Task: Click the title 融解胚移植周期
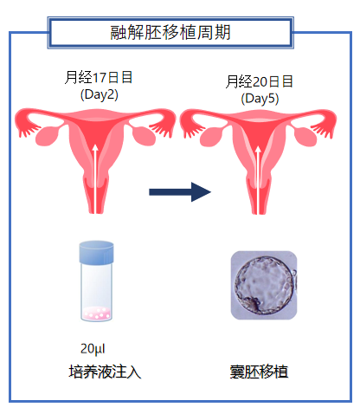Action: pyautogui.click(x=170, y=32)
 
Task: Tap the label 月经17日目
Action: pyautogui.click(x=99, y=77)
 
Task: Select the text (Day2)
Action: pyautogui.click(x=100, y=94)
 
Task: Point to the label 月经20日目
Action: pyautogui.click(x=259, y=81)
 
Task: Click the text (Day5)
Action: pyautogui.click(x=260, y=99)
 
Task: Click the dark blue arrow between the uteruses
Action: pyautogui.click(x=180, y=192)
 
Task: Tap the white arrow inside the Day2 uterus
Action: pyautogui.click(x=95, y=179)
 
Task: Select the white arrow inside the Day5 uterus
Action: pyautogui.click(x=258, y=180)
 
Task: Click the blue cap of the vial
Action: pyautogui.click(x=96, y=253)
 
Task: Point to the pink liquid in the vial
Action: pyautogui.click(x=96, y=313)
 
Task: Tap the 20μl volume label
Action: pyautogui.click(x=93, y=349)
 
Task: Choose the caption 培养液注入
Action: pyautogui.click(x=105, y=371)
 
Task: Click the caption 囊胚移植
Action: pyautogui.click(x=259, y=371)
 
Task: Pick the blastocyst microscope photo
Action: pyautogui.click(x=264, y=285)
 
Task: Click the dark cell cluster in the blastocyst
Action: pyautogui.click(x=254, y=305)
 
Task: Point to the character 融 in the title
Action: pyautogui.click(x=119, y=32)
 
